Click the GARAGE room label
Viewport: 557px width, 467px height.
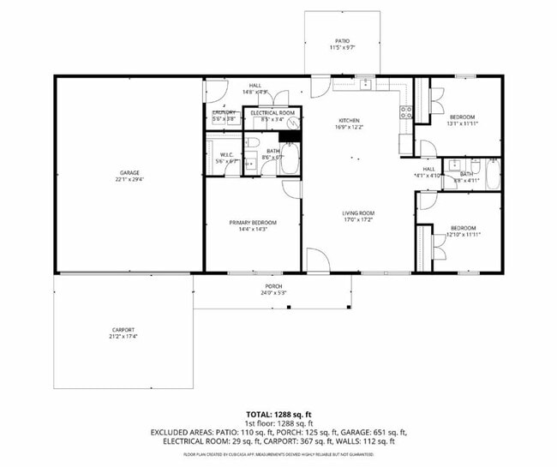point(129,172)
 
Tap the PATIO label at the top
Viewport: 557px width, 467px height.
point(342,41)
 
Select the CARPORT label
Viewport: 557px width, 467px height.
point(123,330)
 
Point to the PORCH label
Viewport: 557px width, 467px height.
point(273,286)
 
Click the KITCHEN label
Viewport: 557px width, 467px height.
point(348,120)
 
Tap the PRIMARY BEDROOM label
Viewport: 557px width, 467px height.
point(252,223)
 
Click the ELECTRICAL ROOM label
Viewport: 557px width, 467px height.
point(273,113)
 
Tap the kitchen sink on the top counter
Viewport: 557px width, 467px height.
point(366,84)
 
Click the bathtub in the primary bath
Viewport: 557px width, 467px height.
point(291,159)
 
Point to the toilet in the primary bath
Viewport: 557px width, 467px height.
point(255,141)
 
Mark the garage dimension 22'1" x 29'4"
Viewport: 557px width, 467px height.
point(129,180)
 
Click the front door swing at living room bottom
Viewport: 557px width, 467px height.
point(316,261)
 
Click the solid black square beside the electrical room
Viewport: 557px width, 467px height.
point(290,135)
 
